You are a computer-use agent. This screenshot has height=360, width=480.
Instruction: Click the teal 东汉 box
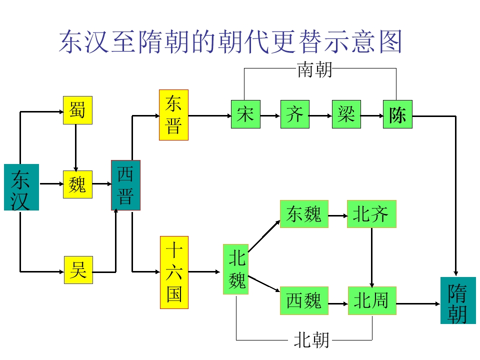(x=21, y=187)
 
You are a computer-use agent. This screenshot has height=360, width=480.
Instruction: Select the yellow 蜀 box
(x=78, y=110)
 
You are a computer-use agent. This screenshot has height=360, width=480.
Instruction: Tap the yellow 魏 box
(x=78, y=184)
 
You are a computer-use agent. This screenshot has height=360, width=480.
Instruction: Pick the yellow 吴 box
(x=78, y=270)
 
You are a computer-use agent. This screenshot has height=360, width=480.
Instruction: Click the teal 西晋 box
(x=126, y=185)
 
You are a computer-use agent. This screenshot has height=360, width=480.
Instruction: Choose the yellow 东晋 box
(x=173, y=115)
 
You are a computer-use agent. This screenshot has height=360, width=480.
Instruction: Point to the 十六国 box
(x=174, y=272)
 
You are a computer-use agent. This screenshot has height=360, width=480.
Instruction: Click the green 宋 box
(x=246, y=114)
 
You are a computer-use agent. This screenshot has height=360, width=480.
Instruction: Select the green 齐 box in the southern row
(x=295, y=114)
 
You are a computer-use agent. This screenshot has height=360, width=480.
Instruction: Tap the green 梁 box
(x=346, y=114)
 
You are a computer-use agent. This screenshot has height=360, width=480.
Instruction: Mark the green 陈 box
(x=397, y=114)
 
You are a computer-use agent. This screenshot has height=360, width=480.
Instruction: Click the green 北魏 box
(x=235, y=269)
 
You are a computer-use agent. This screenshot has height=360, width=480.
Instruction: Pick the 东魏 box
(x=304, y=214)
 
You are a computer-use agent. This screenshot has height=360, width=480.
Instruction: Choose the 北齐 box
(x=371, y=214)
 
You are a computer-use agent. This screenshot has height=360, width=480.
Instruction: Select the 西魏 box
(x=304, y=300)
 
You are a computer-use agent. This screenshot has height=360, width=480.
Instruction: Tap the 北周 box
(x=372, y=300)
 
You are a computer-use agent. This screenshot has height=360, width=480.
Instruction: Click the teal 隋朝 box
(x=458, y=300)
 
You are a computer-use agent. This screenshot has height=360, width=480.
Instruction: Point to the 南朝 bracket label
(x=315, y=69)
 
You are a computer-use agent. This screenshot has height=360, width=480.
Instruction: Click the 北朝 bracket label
(x=311, y=340)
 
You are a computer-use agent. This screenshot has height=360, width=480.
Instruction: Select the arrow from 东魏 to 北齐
(x=337, y=216)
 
